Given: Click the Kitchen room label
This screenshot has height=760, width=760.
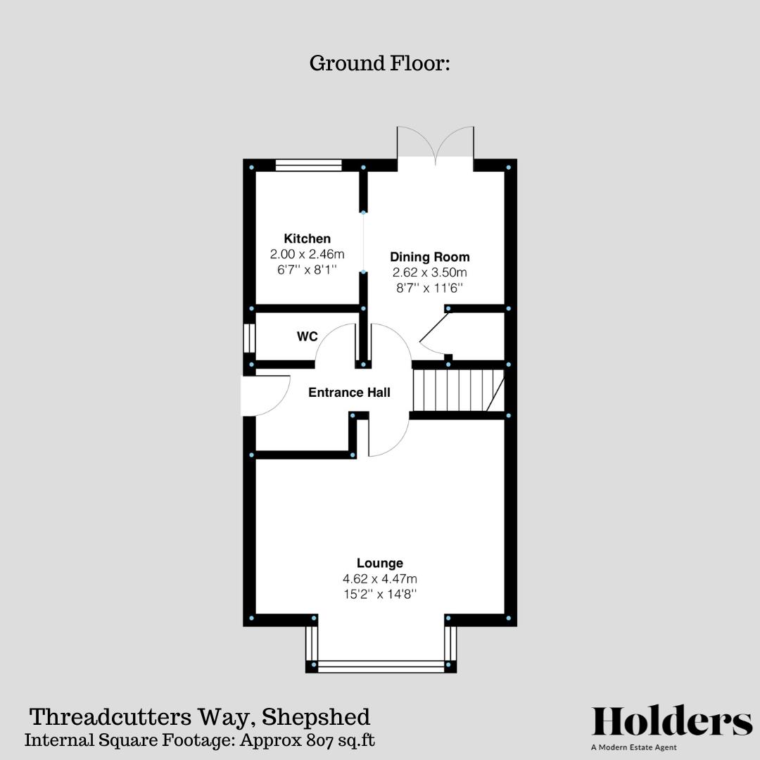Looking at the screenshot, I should pos(307,239).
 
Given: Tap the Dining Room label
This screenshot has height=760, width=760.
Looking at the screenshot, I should pos(429,257).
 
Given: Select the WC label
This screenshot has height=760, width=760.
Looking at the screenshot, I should pos(307,337).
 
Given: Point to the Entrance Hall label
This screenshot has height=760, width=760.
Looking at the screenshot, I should pos(349,393).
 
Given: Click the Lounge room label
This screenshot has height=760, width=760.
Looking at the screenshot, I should pos(379,563).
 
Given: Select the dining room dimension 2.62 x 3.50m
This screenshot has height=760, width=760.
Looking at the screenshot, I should pos(429,272).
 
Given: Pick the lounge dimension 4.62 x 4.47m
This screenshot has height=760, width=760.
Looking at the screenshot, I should pos(379,578).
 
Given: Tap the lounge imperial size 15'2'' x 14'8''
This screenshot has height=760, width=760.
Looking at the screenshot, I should pos(379,594).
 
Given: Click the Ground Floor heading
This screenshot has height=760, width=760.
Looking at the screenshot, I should pos(379,63).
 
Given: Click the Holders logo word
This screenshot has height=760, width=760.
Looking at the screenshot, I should pos(672,722).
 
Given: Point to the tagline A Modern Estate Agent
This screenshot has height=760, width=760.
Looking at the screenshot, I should pos(634,747).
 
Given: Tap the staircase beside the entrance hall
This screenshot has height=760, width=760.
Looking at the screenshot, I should pos(457,391).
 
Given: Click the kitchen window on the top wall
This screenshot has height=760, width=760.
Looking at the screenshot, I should pos(308,165).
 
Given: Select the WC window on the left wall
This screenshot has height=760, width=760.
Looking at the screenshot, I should pos(248,338).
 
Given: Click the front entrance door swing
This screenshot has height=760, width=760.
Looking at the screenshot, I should pos(265,395).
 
